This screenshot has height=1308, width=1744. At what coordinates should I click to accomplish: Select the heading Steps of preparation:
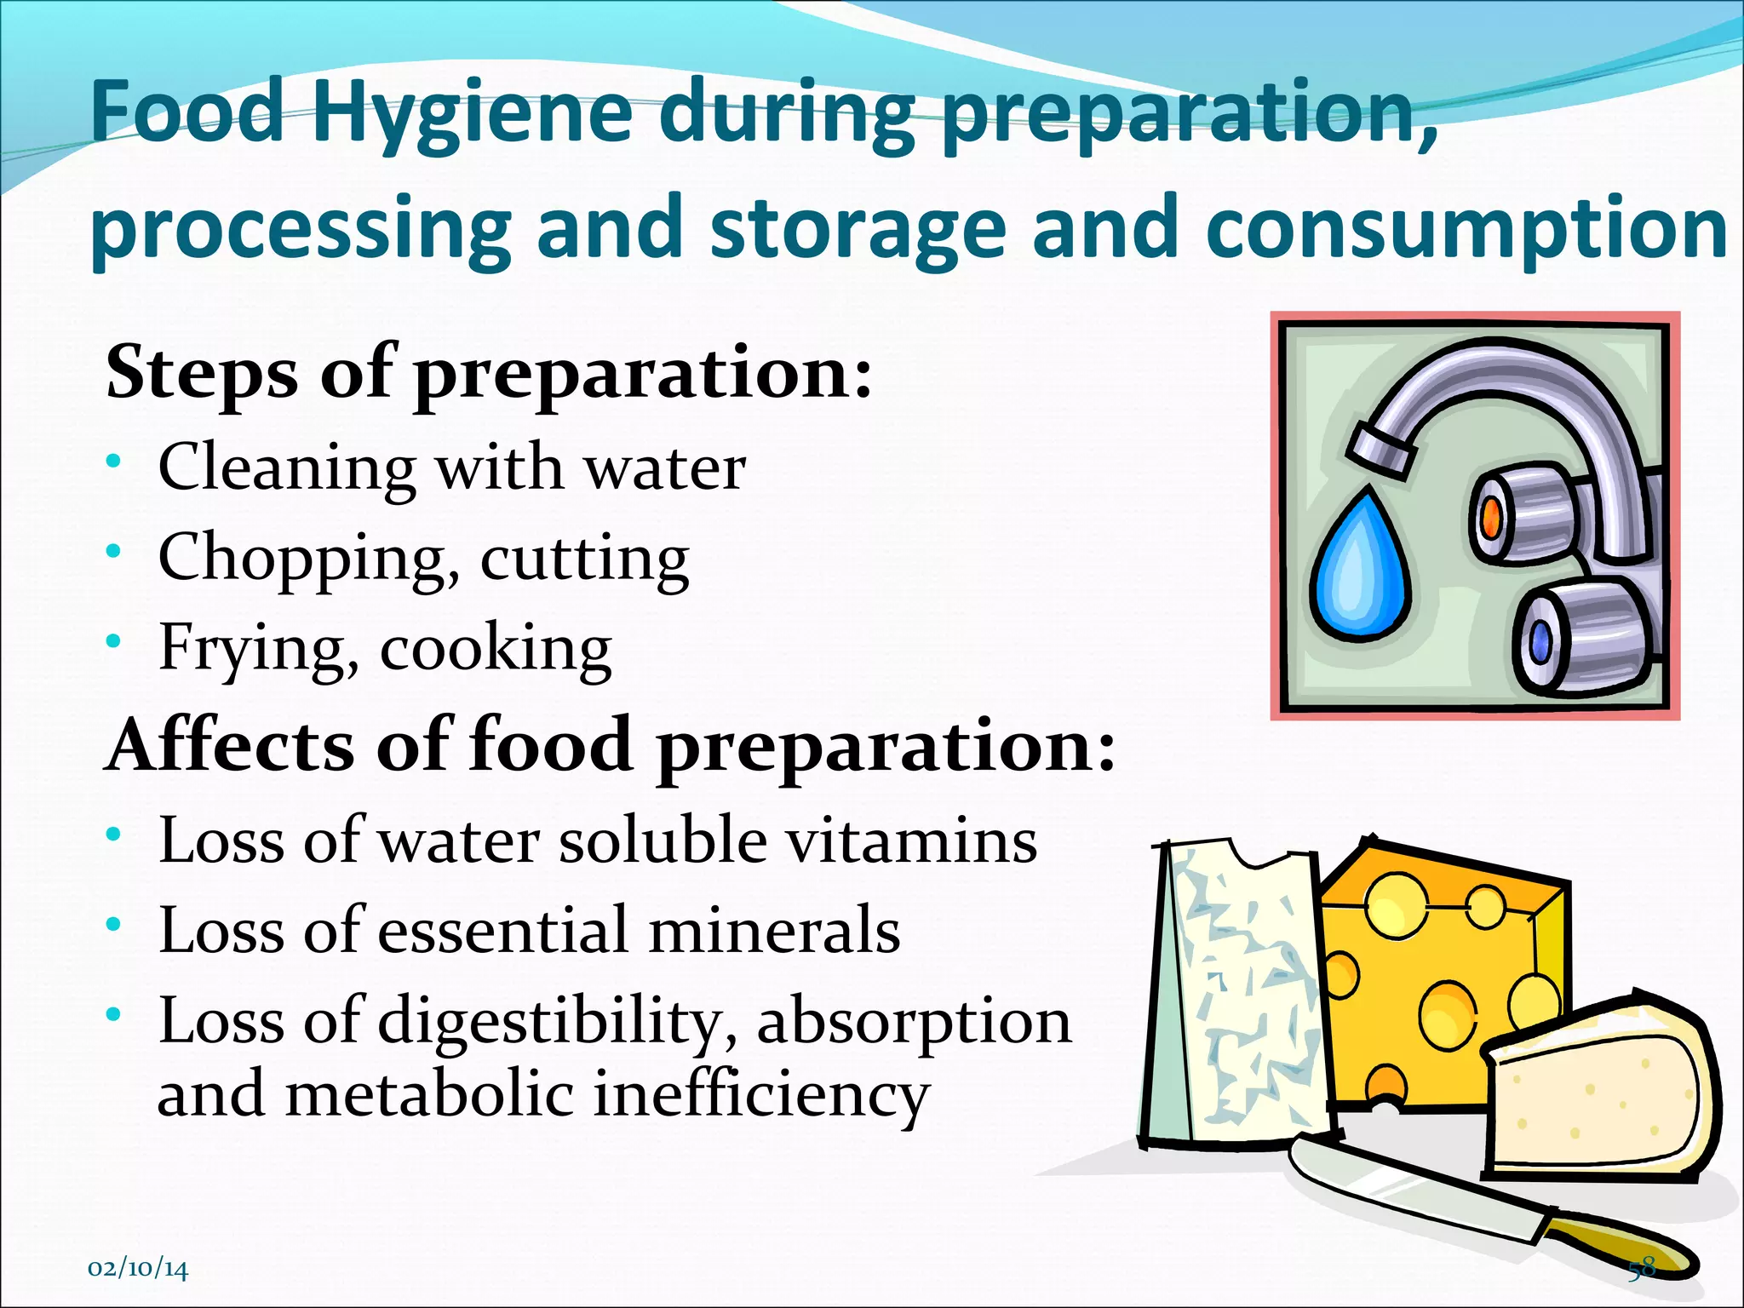489,373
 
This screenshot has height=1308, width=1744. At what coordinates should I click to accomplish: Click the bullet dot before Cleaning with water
114,462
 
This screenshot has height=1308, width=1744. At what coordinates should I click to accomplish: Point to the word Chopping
303,559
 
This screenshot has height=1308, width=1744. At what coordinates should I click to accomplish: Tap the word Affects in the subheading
230,745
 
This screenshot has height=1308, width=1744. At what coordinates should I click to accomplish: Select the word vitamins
910,840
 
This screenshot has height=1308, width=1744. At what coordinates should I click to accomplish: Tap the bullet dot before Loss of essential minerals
114,925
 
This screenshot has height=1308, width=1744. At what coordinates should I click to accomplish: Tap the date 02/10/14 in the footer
138,1269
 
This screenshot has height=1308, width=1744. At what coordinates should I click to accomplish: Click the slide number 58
1642,1267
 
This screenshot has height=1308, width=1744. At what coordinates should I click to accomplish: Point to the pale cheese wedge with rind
1592,1090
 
